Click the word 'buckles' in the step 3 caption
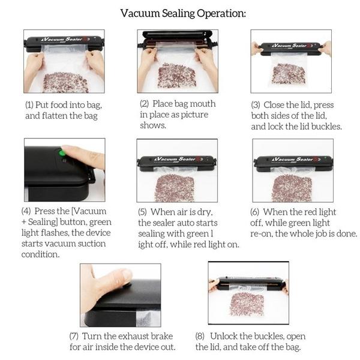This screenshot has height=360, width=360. point(326,127)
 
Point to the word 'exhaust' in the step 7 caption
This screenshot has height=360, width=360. point(123,336)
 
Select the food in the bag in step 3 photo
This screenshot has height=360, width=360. point(289,73)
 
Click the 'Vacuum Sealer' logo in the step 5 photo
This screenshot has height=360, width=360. point(175,160)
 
